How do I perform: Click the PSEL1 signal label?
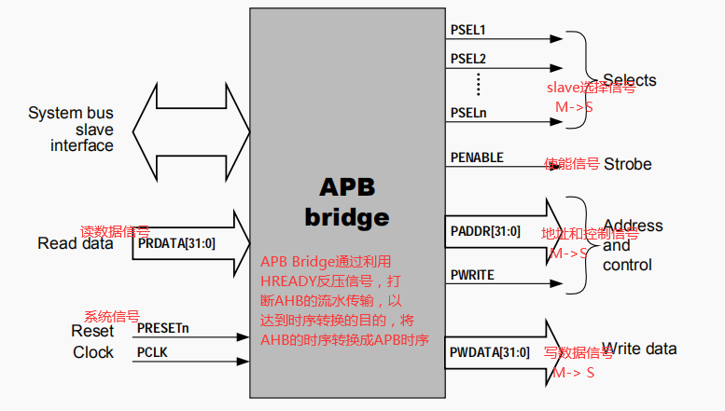(x=468, y=31)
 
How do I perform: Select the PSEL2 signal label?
(x=468, y=59)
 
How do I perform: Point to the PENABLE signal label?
(x=476, y=158)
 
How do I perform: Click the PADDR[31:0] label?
(x=485, y=229)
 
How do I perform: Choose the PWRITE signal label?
(x=472, y=275)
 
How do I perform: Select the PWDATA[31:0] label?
(x=490, y=352)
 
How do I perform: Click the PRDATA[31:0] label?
(x=177, y=243)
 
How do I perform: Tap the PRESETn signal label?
(x=163, y=328)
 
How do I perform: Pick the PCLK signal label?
(x=152, y=352)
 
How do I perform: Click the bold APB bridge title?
(x=347, y=202)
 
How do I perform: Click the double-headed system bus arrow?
(x=190, y=129)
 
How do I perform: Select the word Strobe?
(x=627, y=164)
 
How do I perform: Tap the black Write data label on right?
(x=639, y=349)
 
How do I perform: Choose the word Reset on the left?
(x=92, y=331)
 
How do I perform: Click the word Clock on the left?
(x=93, y=352)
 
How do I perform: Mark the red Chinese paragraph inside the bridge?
(x=344, y=300)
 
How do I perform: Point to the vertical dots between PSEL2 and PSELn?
(x=477, y=85)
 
